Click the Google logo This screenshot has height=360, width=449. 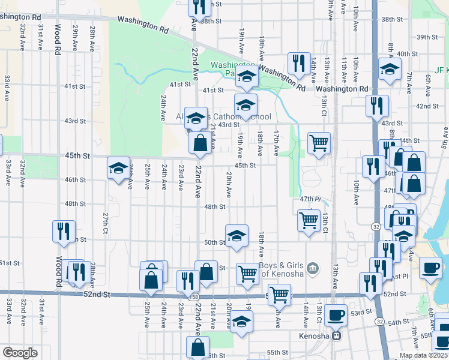20,352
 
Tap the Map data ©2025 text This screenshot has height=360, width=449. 423,355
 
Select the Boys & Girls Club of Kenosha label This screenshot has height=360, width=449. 280,270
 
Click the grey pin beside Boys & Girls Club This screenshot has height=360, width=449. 312,267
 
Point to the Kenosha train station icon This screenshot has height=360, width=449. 337,335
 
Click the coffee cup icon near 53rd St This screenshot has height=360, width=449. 336,314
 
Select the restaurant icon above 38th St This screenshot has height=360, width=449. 199,7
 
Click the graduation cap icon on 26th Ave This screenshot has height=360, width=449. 118,169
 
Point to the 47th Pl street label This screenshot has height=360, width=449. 312,198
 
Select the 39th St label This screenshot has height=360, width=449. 427,37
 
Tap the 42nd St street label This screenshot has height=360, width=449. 427,106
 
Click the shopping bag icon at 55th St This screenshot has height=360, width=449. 198,347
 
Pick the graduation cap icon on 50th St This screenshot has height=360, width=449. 237,235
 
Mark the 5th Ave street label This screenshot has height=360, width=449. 445,141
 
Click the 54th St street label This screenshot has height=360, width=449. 398,323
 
